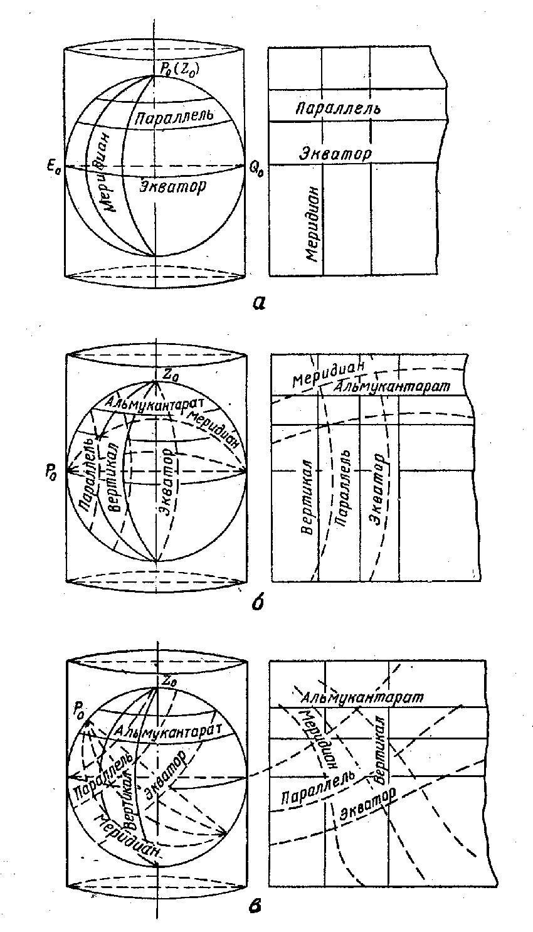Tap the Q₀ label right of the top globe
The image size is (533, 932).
[x=257, y=169]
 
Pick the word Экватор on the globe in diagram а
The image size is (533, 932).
[x=172, y=186]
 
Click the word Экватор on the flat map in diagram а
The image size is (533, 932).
[x=335, y=152]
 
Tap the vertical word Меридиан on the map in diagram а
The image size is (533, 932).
[x=313, y=224]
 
